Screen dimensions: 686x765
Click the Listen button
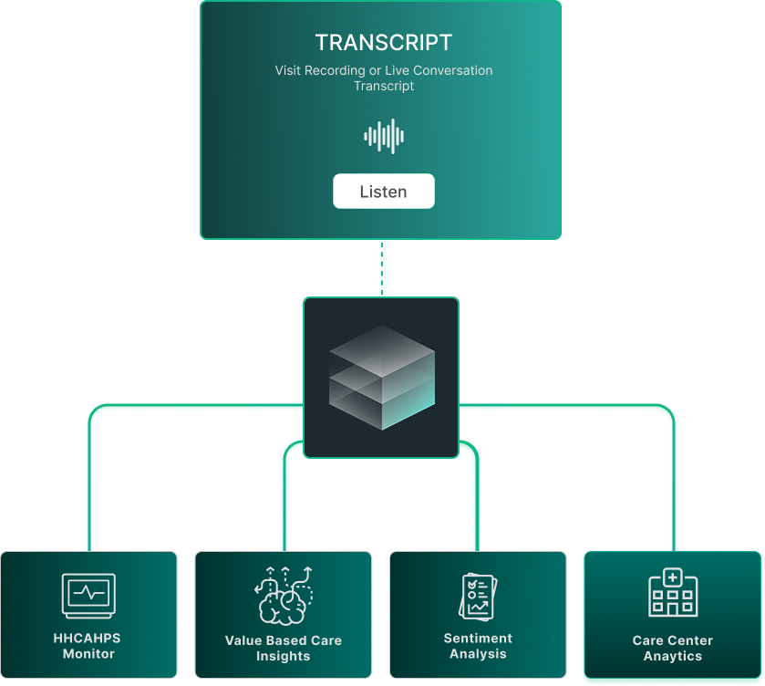pos(383,192)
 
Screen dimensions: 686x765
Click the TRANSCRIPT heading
pos(383,43)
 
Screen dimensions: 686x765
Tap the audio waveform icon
pos(384,137)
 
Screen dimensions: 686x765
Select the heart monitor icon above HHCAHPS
pos(88,595)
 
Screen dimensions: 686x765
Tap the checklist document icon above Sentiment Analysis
pos(478,595)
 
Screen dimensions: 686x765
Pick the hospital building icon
pos(672,593)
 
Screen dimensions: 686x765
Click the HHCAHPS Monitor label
pos(88,646)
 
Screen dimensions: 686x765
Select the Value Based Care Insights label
pos(284,649)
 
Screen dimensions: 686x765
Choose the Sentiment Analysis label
pos(478,646)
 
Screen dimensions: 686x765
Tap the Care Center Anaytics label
pos(673,649)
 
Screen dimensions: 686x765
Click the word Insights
pos(284,657)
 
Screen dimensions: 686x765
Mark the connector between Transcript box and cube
pos(384,268)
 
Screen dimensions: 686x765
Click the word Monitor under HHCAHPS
pos(88,654)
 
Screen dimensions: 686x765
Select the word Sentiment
pos(478,639)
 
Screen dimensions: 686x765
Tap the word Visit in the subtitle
pos(289,70)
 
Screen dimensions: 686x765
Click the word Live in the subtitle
pos(395,70)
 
